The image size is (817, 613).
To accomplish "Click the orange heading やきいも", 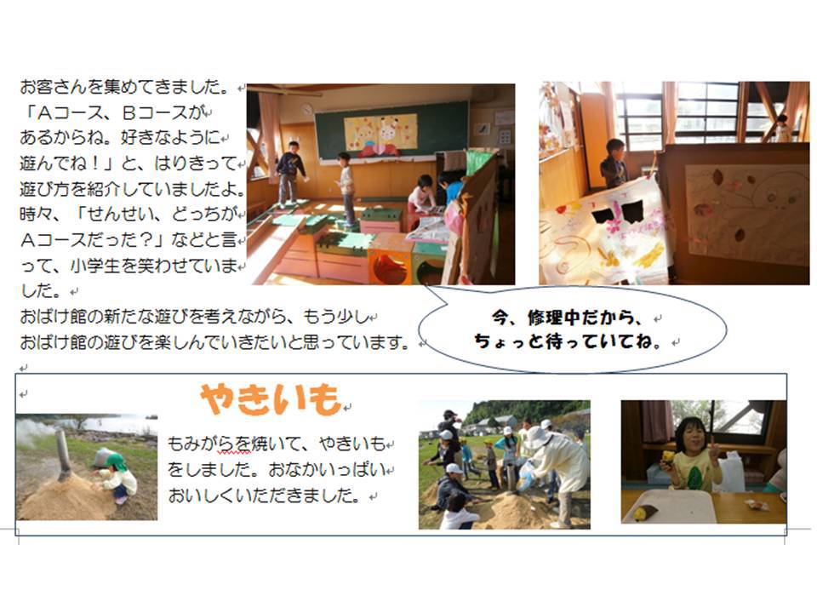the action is pyautogui.click(x=270, y=399).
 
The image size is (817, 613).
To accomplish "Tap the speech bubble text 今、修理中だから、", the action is pyautogui.click(x=568, y=318).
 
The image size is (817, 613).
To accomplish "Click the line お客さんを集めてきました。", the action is pyautogui.click(x=125, y=87).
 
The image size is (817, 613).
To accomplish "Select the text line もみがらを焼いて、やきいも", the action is pyautogui.click(x=277, y=444).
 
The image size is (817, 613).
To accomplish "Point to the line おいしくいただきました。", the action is pyautogui.click(x=264, y=496).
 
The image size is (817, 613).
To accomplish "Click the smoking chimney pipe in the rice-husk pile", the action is pyautogui.click(x=63, y=455).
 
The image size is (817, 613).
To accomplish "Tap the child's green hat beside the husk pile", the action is pyautogui.click(x=115, y=461).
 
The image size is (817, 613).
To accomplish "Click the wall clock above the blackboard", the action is pyautogui.click(x=307, y=110).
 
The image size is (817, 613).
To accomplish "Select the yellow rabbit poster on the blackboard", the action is pyautogui.click(x=380, y=132).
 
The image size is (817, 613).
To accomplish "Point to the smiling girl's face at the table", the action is pyautogui.click(x=690, y=437).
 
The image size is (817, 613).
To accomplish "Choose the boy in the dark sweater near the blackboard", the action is pyautogui.click(x=289, y=173).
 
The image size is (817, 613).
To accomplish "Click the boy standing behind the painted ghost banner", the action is pyautogui.click(x=614, y=163).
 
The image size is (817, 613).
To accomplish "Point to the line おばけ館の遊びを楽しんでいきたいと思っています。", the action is pyautogui.click(x=214, y=342).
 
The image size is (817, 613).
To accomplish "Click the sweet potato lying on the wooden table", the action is pyautogui.click(x=640, y=514).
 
